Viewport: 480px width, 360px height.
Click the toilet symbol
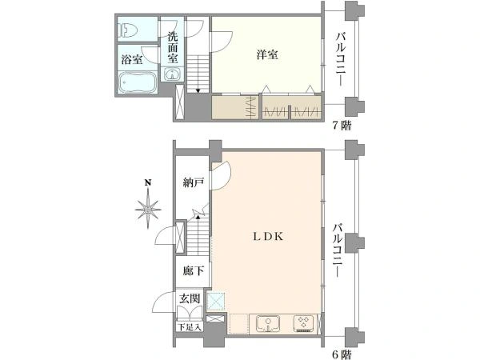coord(129,30)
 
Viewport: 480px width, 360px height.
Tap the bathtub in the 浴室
coord(137,82)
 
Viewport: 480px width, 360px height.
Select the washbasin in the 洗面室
coord(172,74)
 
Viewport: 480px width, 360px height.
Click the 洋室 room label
coord(267,55)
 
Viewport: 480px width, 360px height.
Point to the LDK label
coord(268,236)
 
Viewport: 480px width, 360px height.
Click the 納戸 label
coord(193,182)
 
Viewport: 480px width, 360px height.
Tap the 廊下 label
coord(193,270)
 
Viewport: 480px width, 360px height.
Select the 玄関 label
coord(190,298)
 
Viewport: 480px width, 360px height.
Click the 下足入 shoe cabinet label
coord(190,327)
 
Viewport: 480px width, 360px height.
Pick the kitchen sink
coord(268,323)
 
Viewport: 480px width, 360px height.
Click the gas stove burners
coord(303,323)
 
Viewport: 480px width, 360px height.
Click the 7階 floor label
coord(342,126)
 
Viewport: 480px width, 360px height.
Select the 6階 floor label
coord(342,354)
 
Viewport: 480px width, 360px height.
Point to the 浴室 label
coord(132,59)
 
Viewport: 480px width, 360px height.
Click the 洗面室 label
coord(173,47)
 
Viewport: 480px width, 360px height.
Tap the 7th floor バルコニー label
coord(341,58)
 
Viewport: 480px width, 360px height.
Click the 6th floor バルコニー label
coord(338,250)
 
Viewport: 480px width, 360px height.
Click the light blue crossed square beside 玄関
coord(216,302)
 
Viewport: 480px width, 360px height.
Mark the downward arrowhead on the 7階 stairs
coord(198,90)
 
